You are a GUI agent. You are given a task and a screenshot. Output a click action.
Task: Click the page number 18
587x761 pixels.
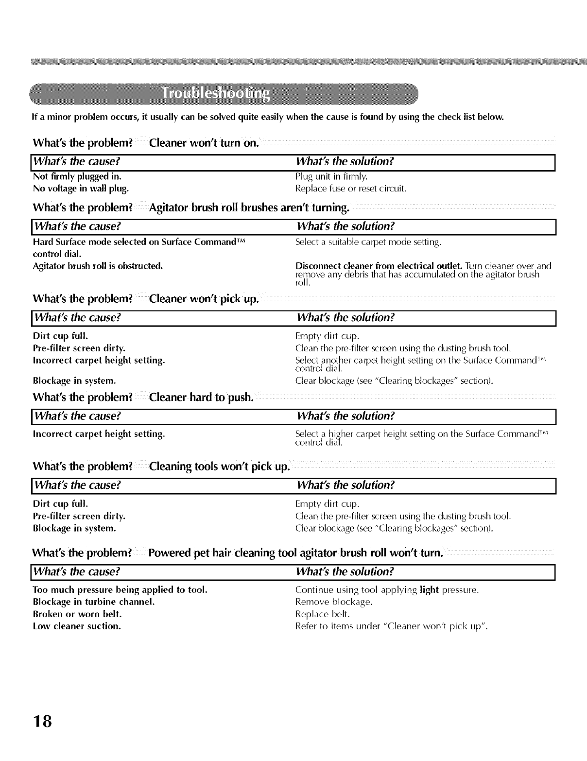click(42, 721)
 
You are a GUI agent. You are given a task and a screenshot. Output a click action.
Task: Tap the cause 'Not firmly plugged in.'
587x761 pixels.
click(77, 176)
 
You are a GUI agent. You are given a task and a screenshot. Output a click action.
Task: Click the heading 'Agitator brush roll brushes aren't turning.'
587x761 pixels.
click(249, 208)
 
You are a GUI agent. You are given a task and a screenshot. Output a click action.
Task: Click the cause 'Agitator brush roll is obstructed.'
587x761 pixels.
click(97, 266)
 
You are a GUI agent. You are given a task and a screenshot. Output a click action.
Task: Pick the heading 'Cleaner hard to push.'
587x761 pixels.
click(201, 397)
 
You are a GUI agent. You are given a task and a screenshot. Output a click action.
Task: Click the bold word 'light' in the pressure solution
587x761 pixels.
click(429, 590)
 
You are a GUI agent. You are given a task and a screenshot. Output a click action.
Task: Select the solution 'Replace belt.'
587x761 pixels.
click(323, 614)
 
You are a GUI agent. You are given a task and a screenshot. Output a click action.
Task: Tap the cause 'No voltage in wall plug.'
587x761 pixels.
click(81, 188)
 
